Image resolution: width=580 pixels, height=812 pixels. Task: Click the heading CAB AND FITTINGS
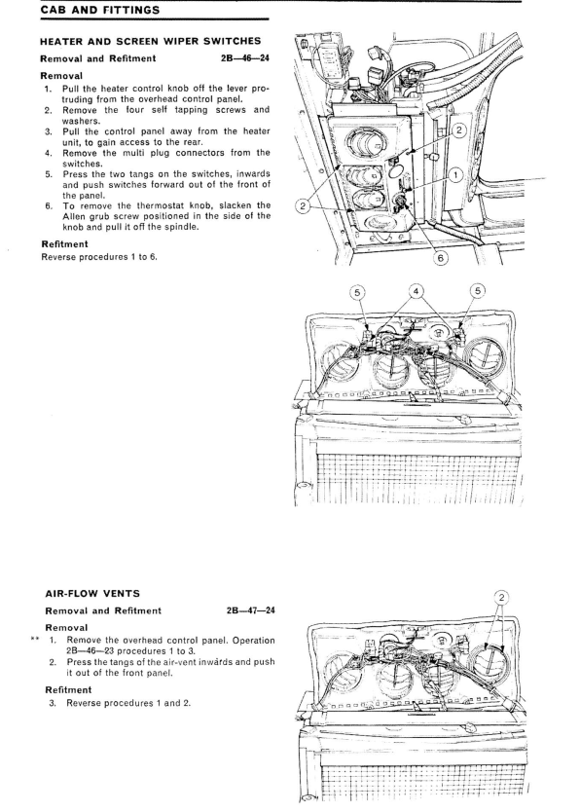pyautogui.click(x=100, y=10)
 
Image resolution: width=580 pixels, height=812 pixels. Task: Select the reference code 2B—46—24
pyautogui.click(x=244, y=58)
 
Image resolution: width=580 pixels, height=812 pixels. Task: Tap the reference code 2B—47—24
pyautogui.click(x=250, y=610)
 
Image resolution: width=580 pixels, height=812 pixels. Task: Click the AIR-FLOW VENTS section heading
pyautogui.click(x=92, y=594)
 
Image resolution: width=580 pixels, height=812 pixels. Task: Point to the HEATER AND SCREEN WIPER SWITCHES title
pyautogui.click(x=151, y=41)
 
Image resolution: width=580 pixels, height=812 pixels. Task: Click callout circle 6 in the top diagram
pyautogui.click(x=440, y=257)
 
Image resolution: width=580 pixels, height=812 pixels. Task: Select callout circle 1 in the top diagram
pyautogui.click(x=455, y=175)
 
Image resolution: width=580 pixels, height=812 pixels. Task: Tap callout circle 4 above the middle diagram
pyautogui.click(x=416, y=291)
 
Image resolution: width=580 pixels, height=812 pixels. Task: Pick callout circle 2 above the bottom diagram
pyautogui.click(x=501, y=598)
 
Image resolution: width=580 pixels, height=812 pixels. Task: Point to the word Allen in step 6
pyautogui.click(x=74, y=216)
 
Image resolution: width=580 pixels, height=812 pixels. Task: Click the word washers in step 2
pyautogui.click(x=81, y=121)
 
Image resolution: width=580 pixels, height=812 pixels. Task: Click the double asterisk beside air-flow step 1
pyautogui.click(x=35, y=640)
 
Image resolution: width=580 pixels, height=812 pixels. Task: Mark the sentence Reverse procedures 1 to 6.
pyautogui.click(x=99, y=256)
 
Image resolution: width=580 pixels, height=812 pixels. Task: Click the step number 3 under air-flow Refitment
pyautogui.click(x=52, y=703)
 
